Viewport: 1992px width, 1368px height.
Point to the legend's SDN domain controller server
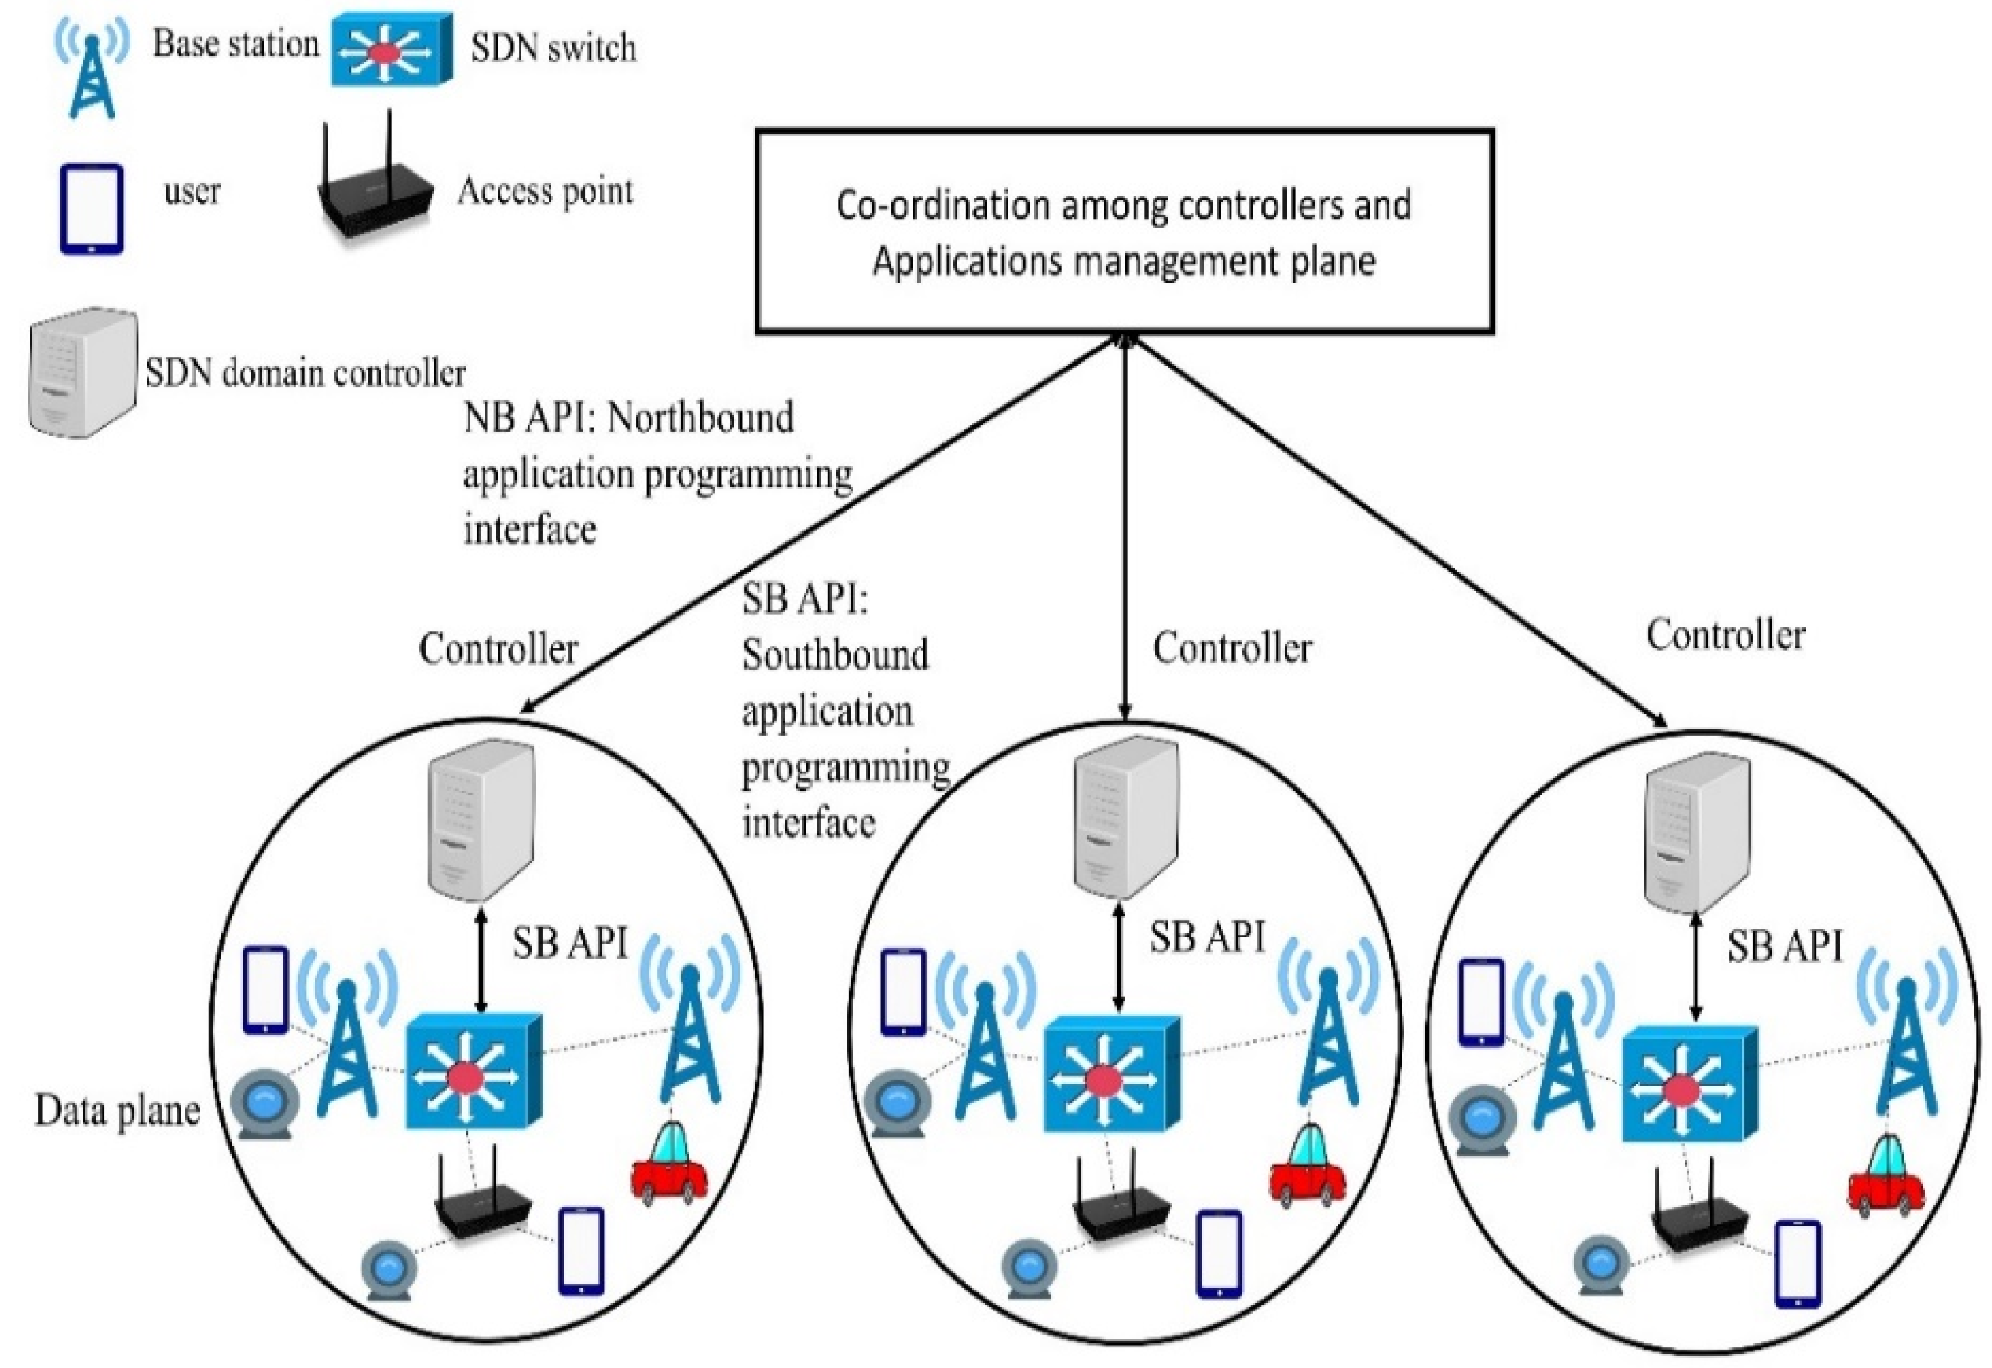click(83, 374)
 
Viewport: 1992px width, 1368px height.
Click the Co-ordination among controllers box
click(1124, 232)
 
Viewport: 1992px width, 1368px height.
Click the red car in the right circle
click(1886, 1176)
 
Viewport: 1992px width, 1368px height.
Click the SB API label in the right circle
click(1784, 946)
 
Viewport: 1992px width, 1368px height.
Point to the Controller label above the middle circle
click(1231, 648)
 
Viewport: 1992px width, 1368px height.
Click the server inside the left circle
click(482, 820)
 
